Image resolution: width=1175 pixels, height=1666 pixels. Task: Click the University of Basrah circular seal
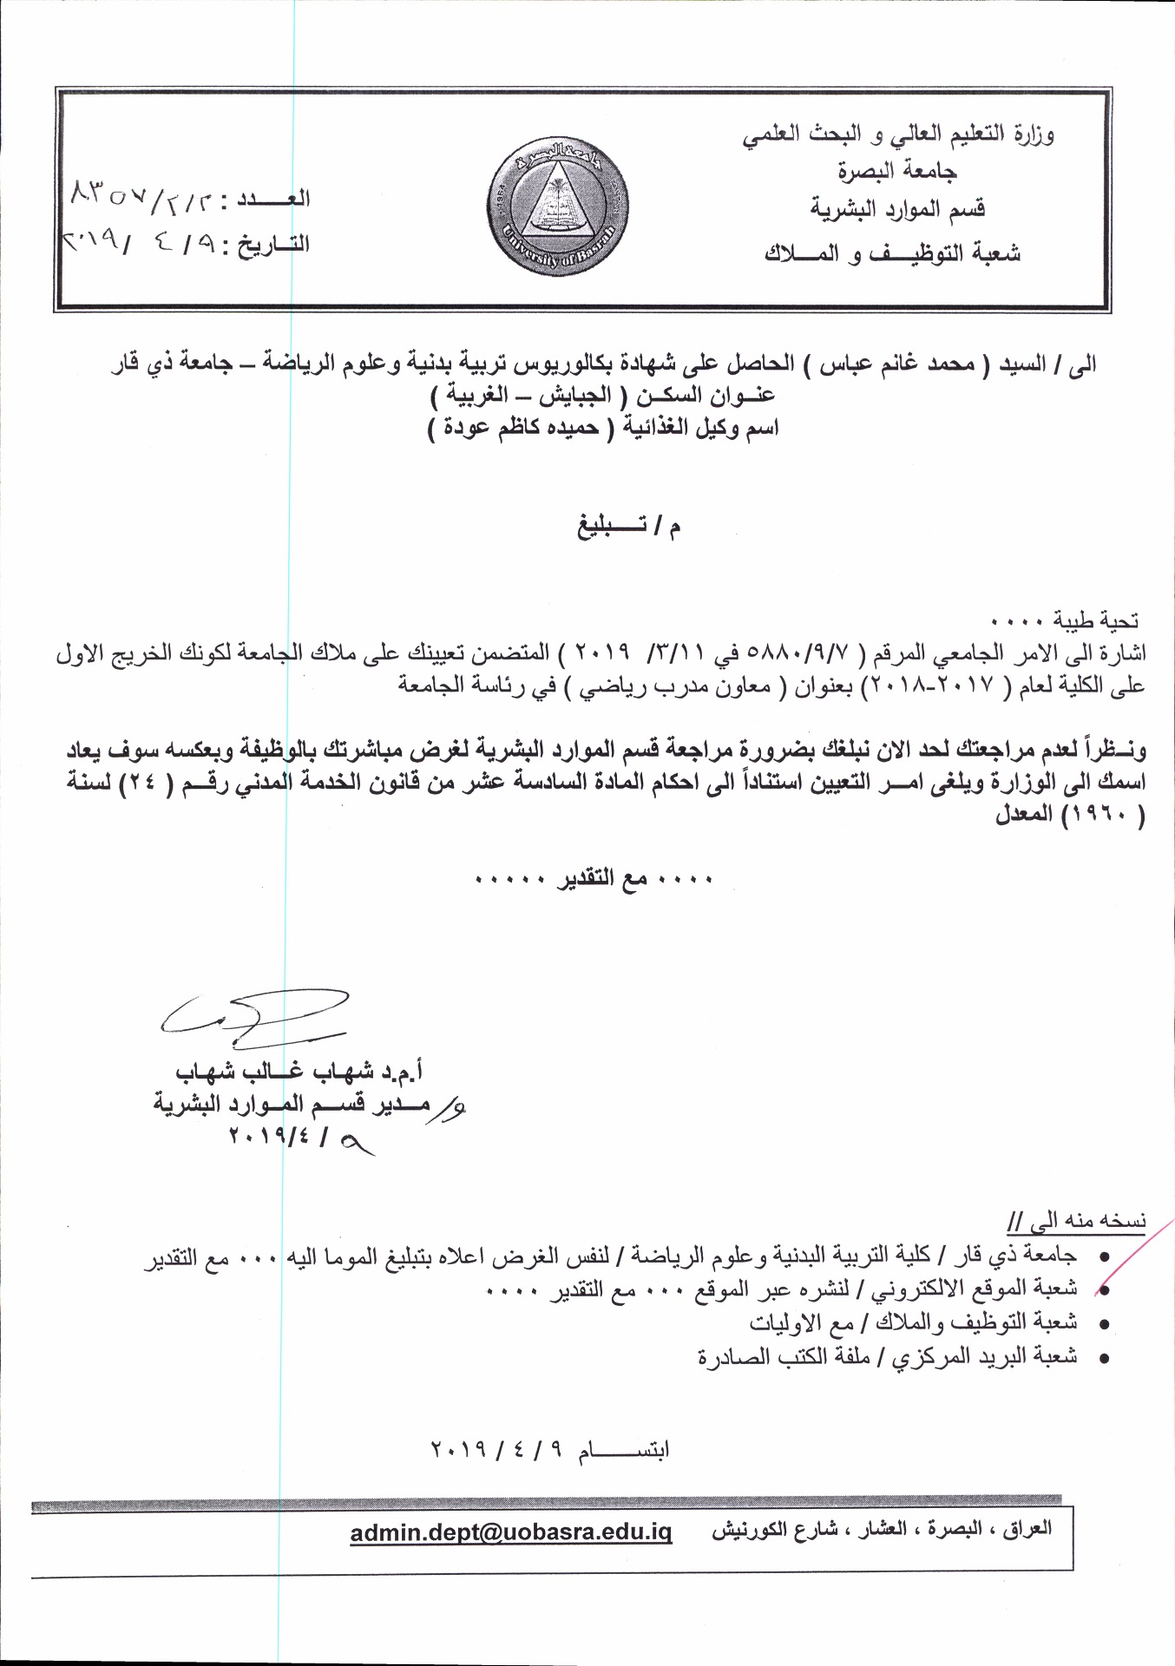pyautogui.click(x=558, y=207)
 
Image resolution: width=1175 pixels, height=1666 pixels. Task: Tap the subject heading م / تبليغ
pyautogui.click(x=629, y=526)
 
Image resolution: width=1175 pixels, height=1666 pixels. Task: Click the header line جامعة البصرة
pyautogui.click(x=897, y=171)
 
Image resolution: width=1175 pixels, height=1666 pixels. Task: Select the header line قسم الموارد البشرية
pyautogui.click(x=897, y=209)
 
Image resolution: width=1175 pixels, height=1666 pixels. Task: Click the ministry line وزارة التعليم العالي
pyautogui.click(x=897, y=134)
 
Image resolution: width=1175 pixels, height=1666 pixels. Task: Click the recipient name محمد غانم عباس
pyautogui.click(x=898, y=364)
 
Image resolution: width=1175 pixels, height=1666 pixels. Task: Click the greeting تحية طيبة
pyautogui.click(x=1095, y=620)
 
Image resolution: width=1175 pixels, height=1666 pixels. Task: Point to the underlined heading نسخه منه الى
pyautogui.click(x=1077, y=1220)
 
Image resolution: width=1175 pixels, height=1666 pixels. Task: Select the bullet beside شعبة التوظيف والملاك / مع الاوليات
pyautogui.click(x=1104, y=1324)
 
